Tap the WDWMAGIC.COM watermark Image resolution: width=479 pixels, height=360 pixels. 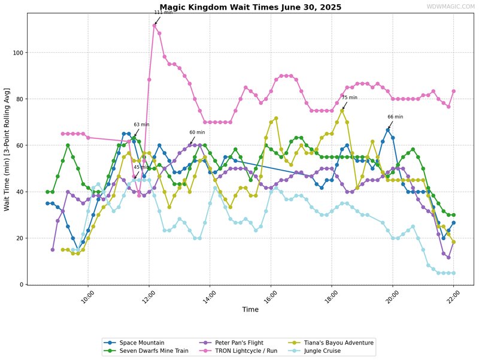[x=451, y=7]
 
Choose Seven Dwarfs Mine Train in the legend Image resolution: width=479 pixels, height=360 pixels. [x=146, y=351]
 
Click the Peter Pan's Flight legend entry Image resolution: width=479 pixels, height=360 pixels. [x=231, y=343]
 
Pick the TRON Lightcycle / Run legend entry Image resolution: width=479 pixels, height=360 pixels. [x=238, y=351]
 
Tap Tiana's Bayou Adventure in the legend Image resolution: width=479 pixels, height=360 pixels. [x=331, y=343]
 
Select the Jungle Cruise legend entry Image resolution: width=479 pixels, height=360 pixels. [x=314, y=351]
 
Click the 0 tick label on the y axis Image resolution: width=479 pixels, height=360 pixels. [x=22, y=285]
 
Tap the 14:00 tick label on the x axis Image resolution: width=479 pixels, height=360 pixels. [x=209, y=297]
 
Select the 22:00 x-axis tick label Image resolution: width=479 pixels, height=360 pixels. [x=453, y=297]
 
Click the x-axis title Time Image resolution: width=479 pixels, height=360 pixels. [x=250, y=309]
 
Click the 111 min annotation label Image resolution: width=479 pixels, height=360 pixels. [x=163, y=12]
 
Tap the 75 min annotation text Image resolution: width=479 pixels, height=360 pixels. [x=350, y=98]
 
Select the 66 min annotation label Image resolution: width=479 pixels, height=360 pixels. [x=395, y=117]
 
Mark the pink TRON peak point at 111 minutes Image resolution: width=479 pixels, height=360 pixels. [x=154, y=26]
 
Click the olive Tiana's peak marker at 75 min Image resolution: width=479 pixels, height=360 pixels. [x=342, y=111]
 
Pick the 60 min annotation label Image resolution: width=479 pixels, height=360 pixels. [x=198, y=132]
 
